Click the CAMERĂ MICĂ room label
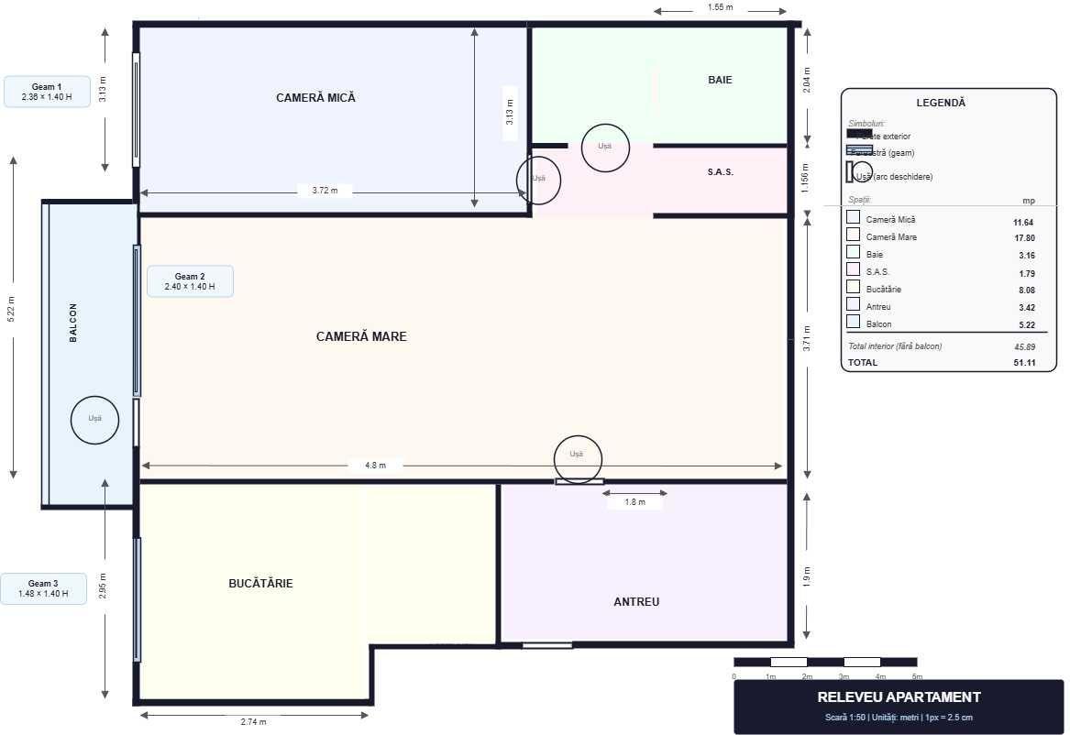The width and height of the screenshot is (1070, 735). pos(315,97)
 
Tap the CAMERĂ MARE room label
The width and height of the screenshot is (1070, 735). pos(361,336)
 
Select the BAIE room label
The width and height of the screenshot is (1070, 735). pos(720,80)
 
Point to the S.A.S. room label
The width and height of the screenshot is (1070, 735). pos(720,172)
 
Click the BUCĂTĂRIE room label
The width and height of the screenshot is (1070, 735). pos(260,583)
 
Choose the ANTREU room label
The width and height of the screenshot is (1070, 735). pos(636,602)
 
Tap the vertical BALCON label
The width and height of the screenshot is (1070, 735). pos(73,323)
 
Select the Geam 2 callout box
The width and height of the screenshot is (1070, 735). pos(190,281)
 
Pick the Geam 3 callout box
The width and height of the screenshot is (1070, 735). pos(43,588)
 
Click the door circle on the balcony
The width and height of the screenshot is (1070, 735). pos(95,420)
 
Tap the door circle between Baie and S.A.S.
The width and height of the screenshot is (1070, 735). pos(605,148)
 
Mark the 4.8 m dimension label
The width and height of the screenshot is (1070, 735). pos(375,466)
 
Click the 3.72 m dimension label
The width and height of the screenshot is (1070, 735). pos(325,191)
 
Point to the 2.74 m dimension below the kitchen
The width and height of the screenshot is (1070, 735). pos(253,722)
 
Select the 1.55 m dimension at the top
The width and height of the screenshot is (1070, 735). pos(720,7)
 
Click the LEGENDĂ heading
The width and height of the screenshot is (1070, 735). pos(940,103)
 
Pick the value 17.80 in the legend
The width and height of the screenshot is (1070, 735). pos(1022,237)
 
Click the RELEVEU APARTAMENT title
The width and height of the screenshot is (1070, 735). pos(899,697)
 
